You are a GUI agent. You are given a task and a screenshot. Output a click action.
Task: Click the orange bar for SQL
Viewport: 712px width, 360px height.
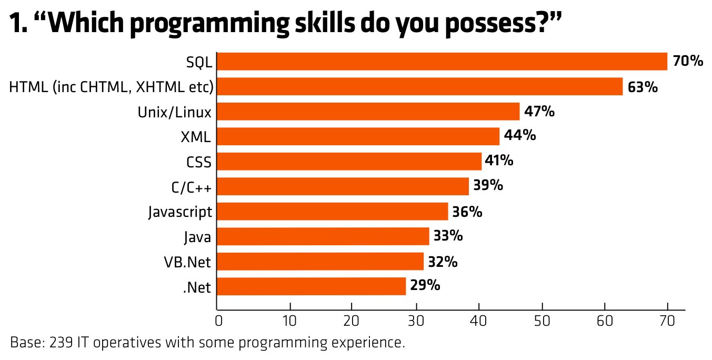pos(442,62)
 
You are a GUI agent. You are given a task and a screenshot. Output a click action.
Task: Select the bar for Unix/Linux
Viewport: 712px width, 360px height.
pos(368,112)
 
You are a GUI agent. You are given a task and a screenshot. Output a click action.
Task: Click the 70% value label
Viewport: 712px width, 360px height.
pos(688,62)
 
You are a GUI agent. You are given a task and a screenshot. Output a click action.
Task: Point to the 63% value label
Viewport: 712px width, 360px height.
pos(643,87)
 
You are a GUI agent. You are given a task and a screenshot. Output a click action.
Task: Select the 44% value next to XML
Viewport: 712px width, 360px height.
pos(520,136)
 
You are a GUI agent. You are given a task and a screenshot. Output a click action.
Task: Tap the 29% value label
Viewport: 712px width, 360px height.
pos(425,286)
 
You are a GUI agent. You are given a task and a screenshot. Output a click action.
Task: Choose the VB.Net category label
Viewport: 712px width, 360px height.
pos(190,262)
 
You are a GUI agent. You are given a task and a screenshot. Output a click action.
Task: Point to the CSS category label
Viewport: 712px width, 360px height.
pos(199,162)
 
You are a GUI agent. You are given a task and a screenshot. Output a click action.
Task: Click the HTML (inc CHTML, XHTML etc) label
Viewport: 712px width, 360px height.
pos(111,87)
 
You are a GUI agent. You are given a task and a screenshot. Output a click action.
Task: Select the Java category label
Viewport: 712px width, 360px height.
pos(197,237)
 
